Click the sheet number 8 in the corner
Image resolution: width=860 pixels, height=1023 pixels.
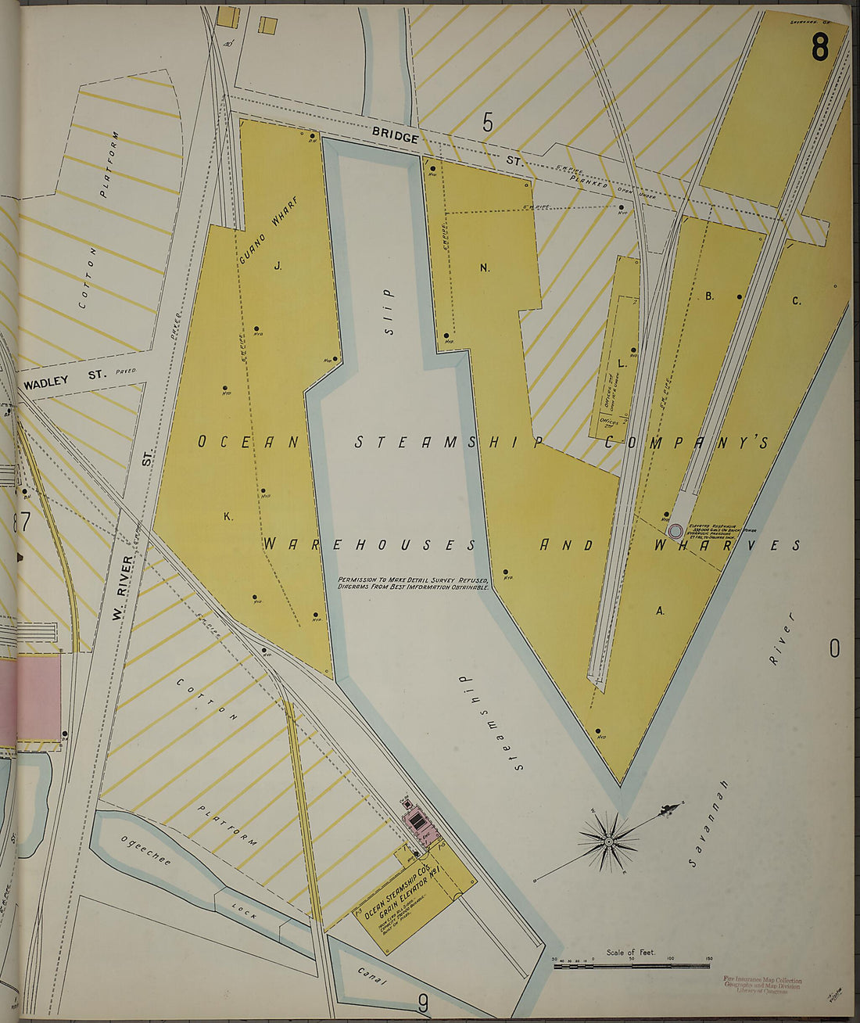819,48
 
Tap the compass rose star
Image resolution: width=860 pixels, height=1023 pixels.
608,841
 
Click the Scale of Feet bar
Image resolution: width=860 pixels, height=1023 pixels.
631,967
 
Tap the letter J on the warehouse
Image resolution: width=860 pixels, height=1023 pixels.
277,267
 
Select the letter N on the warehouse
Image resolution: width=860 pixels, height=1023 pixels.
485,268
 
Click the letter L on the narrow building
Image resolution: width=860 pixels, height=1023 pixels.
622,364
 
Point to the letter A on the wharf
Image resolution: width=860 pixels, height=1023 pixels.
660,612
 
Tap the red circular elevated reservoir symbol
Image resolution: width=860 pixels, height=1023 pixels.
675,531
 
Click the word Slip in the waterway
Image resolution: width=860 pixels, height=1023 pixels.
387,311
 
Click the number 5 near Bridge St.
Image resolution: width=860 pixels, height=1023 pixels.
489,122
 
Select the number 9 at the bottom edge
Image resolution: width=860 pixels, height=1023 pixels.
423,1002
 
